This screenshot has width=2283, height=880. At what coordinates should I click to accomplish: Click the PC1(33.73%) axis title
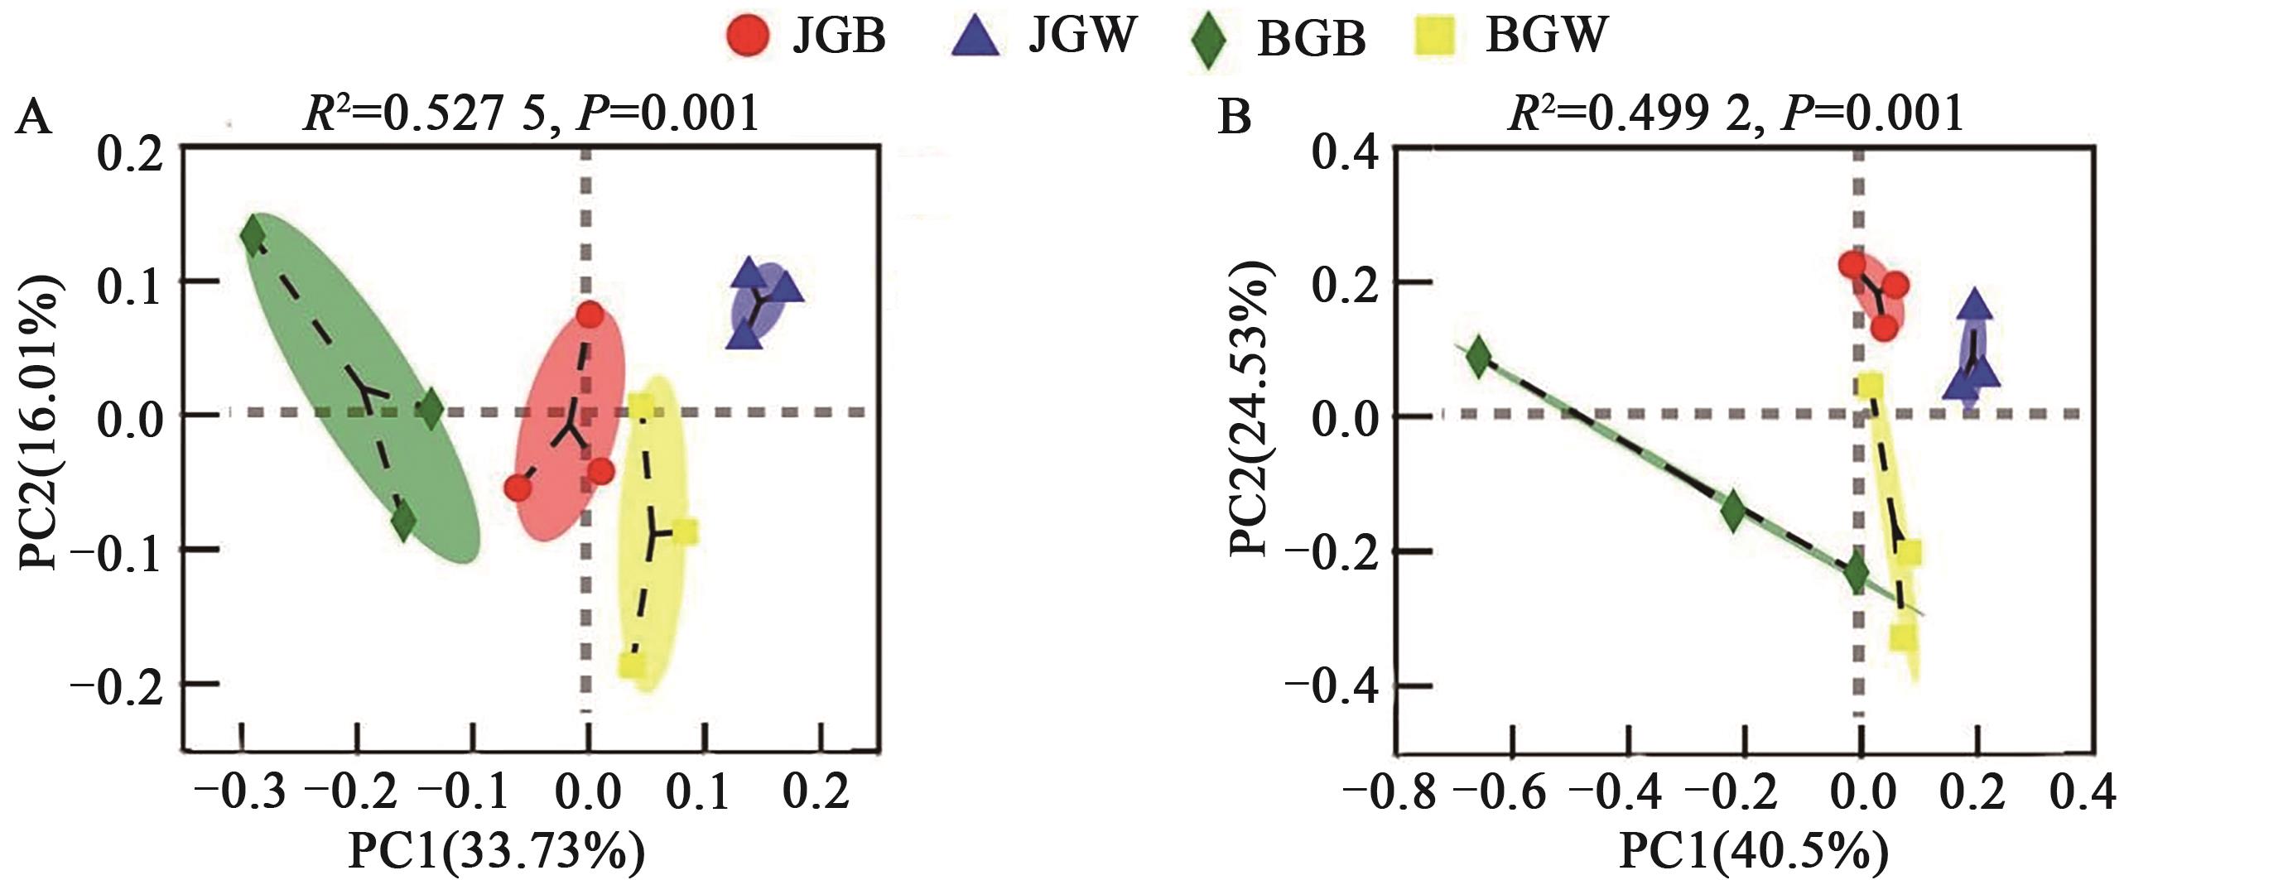pyautogui.click(x=497, y=852)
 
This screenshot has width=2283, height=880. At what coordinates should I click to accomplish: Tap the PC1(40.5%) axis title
pyautogui.click(x=1754, y=852)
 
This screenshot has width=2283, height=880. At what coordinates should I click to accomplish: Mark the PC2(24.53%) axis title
pyautogui.click(x=1250, y=407)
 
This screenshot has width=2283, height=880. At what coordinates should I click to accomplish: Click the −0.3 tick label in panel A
pyautogui.click(x=241, y=791)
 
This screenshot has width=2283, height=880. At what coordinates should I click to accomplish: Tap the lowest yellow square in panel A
pyautogui.click(x=633, y=665)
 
